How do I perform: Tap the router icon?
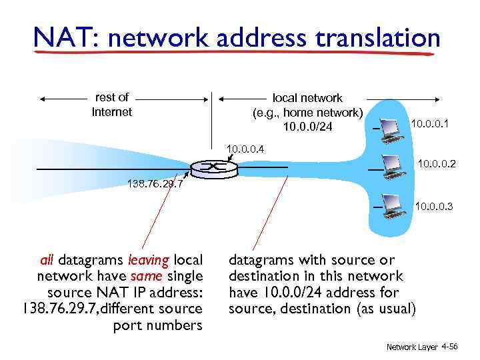(213, 167)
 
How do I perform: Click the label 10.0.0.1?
(430, 124)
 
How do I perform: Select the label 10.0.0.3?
(434, 207)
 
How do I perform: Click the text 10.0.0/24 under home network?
(307, 127)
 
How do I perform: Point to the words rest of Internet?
(112, 105)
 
